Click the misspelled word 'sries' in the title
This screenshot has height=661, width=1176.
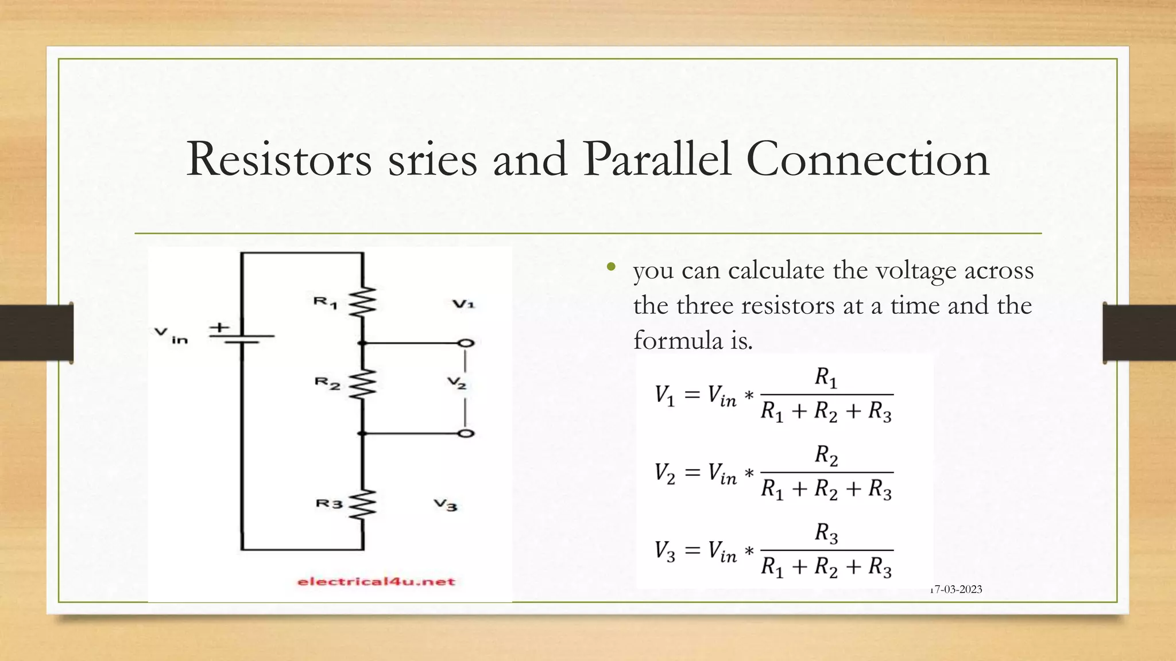click(432, 160)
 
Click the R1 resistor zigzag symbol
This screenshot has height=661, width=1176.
click(363, 302)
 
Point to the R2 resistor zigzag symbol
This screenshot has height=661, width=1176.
click(363, 383)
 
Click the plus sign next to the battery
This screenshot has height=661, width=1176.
click(219, 328)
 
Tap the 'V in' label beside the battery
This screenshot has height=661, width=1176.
click(171, 335)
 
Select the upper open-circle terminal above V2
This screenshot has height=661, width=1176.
click(466, 343)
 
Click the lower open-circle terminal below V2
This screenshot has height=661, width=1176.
click(466, 433)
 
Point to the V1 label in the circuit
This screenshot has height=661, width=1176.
click(463, 304)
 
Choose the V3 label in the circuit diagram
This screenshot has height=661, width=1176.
click(446, 505)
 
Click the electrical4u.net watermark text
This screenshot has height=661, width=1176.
click(376, 582)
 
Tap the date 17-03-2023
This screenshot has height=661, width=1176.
click(957, 589)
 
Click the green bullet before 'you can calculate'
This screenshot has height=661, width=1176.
click(611, 267)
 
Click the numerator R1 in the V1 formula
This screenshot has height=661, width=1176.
click(826, 378)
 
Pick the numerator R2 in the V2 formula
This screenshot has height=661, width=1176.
click(826, 456)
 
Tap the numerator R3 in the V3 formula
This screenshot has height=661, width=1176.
click(826, 534)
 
